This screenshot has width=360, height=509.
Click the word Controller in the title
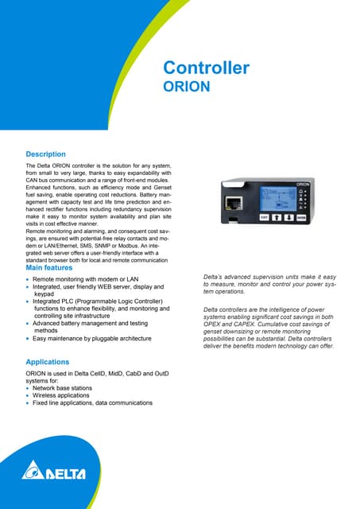click(206, 68)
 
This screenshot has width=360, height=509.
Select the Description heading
click(46, 153)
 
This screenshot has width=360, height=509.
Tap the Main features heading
click(53, 270)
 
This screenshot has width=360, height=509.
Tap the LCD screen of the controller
click(277, 199)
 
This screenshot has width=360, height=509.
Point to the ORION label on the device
click(303, 183)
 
